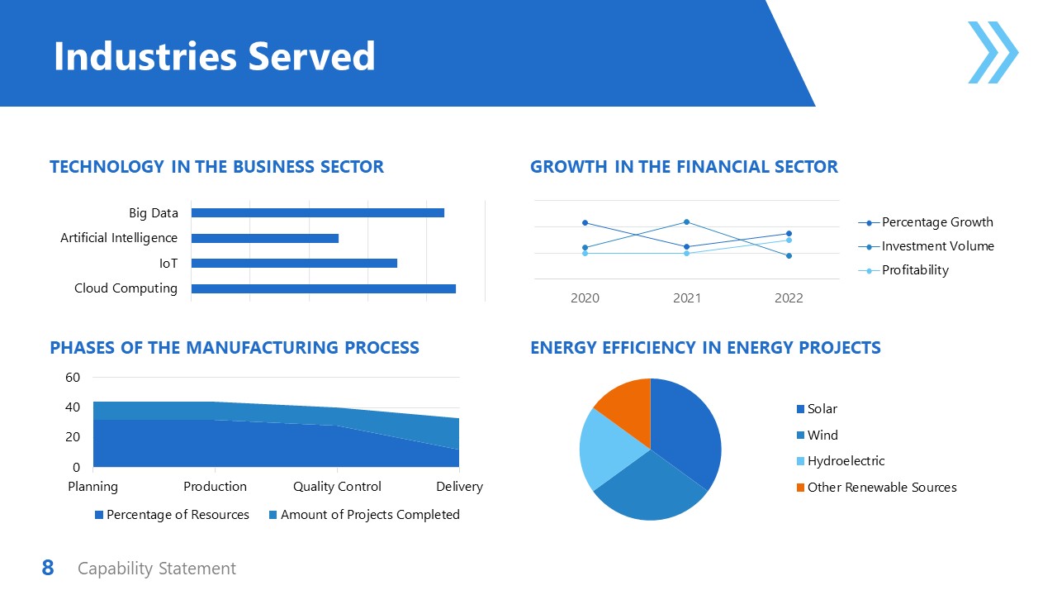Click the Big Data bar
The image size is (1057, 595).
pyautogui.click(x=317, y=212)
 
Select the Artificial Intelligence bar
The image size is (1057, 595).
pyautogui.click(x=264, y=238)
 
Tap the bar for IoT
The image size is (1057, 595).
pyautogui.click(x=294, y=263)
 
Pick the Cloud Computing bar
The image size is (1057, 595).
pyautogui.click(x=323, y=288)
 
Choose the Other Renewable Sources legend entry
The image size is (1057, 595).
pyautogui.click(x=875, y=488)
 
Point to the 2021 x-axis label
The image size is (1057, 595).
pyautogui.click(x=686, y=298)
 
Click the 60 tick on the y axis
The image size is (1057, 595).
pyautogui.click(x=73, y=378)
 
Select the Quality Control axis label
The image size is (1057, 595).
pyautogui.click(x=337, y=487)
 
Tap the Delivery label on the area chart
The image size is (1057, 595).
pyautogui.click(x=459, y=487)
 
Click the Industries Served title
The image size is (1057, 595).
pyautogui.click(x=214, y=56)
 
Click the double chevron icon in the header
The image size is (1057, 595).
pyautogui.click(x=993, y=53)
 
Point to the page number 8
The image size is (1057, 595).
pyautogui.click(x=48, y=569)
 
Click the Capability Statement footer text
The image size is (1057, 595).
pyautogui.click(x=157, y=569)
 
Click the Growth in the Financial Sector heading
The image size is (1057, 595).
pyautogui.click(x=684, y=167)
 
